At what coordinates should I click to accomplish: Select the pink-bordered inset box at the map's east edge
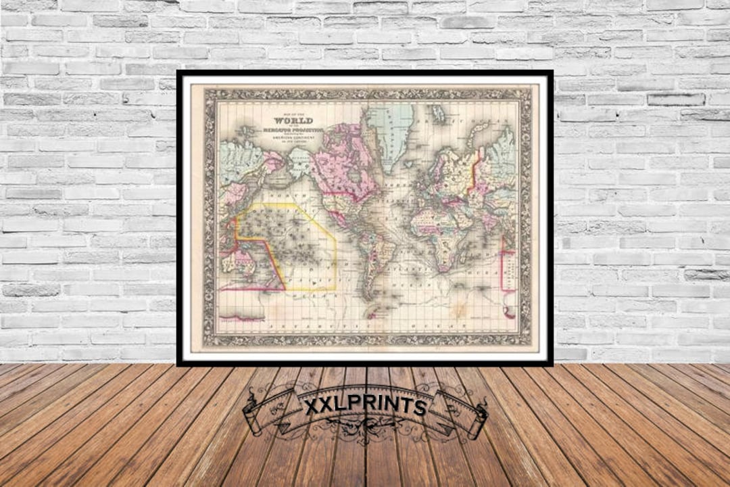pos(507,271)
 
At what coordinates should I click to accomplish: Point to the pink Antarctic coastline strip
pos(241,317)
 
